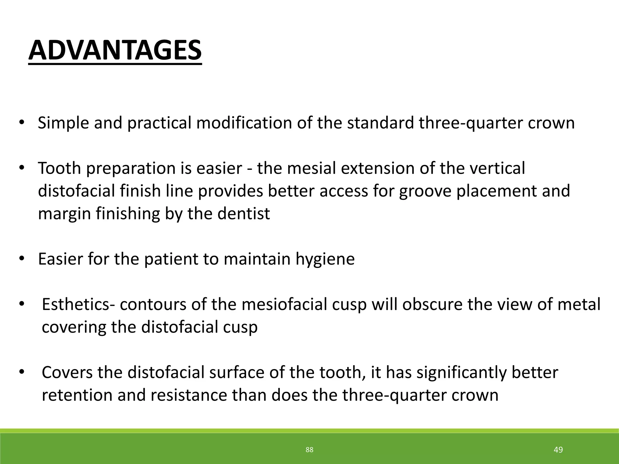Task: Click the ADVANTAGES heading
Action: tap(115, 50)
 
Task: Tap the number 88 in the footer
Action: tap(309, 450)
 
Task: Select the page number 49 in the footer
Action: tap(558, 450)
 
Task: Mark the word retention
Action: tap(77, 395)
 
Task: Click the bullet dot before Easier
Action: tap(22, 259)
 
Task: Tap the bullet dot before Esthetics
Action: tap(22, 304)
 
